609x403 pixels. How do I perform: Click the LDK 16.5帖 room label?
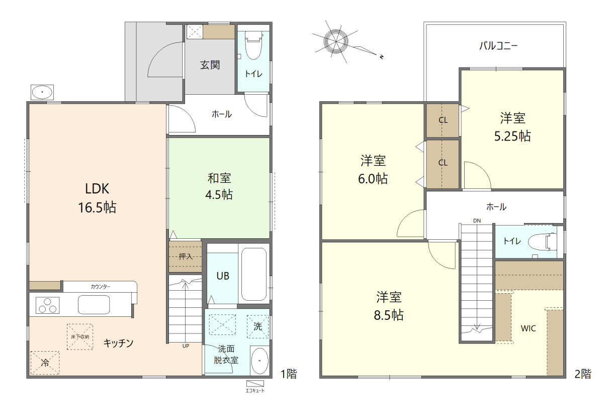coord(98,198)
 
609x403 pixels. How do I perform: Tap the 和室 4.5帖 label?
coord(219,186)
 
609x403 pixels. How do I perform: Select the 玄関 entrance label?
coord(210,65)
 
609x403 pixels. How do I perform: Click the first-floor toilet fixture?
coord(253,45)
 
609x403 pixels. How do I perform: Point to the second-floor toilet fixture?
coord(543,241)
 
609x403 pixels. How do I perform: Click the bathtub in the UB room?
coord(254,274)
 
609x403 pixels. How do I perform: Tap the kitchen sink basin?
coord(94,305)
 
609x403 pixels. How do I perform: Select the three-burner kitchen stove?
coord(48,305)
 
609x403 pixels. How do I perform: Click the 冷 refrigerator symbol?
coord(45,363)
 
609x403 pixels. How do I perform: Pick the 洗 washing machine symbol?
coord(258,326)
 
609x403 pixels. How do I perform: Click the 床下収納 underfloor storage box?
coord(80,337)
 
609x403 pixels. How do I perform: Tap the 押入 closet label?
coord(186,256)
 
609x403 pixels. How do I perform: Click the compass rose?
coord(336,42)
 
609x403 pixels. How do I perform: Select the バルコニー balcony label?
coord(498,46)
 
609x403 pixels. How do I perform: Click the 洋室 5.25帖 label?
coord(512,127)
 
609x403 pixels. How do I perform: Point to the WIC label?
coord(528,328)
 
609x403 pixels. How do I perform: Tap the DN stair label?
coord(477,221)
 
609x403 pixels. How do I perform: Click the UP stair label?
coord(186,346)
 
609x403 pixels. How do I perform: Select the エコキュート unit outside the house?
coord(255,384)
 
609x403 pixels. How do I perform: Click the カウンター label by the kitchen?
coord(101,287)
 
